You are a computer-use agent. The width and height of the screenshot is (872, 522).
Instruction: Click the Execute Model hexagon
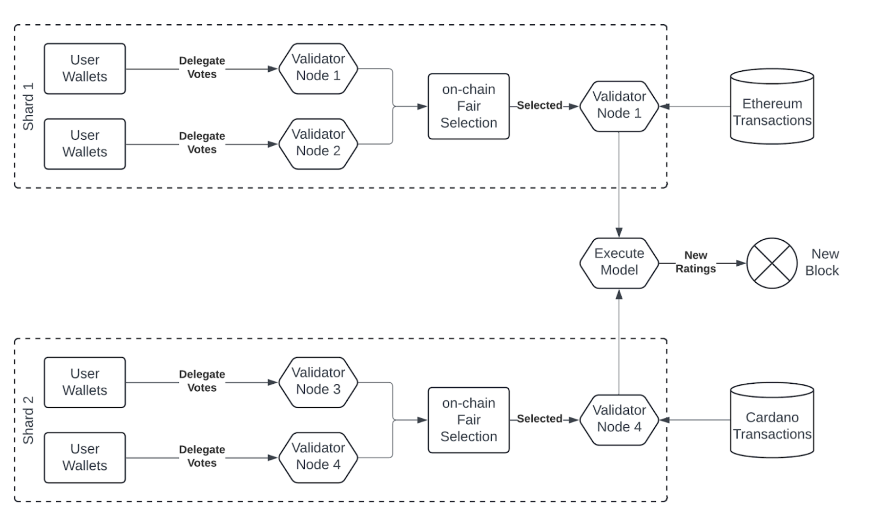[x=619, y=263]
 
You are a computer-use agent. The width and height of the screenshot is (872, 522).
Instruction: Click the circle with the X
[x=772, y=263]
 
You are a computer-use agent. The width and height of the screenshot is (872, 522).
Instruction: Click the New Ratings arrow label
[x=695, y=262]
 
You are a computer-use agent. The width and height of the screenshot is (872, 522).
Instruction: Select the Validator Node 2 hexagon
[x=318, y=144]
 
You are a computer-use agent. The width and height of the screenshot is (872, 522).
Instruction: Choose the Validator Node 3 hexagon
[x=318, y=382]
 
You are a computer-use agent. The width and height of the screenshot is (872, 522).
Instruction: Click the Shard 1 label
[x=28, y=106]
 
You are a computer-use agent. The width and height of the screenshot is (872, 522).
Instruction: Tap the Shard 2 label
[x=28, y=420]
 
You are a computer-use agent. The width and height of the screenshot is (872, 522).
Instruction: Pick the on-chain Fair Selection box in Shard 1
[x=468, y=106]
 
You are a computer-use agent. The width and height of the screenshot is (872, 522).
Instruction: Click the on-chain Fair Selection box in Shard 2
[x=468, y=420]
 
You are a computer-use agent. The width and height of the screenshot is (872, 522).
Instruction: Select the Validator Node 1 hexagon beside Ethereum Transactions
[x=619, y=105]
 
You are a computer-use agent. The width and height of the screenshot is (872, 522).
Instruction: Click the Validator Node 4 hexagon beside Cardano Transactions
[x=619, y=419]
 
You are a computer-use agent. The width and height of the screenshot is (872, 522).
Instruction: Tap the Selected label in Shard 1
[x=539, y=105]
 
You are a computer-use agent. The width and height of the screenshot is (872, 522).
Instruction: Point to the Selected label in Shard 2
[x=539, y=419]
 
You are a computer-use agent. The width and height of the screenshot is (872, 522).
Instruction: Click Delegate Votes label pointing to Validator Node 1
[x=202, y=68]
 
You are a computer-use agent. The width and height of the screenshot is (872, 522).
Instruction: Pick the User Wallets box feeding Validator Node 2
[x=84, y=144]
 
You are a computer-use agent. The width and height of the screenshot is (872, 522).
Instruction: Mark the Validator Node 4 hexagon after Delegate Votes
[x=318, y=457]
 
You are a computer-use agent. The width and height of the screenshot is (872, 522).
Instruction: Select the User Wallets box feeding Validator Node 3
[x=84, y=382]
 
